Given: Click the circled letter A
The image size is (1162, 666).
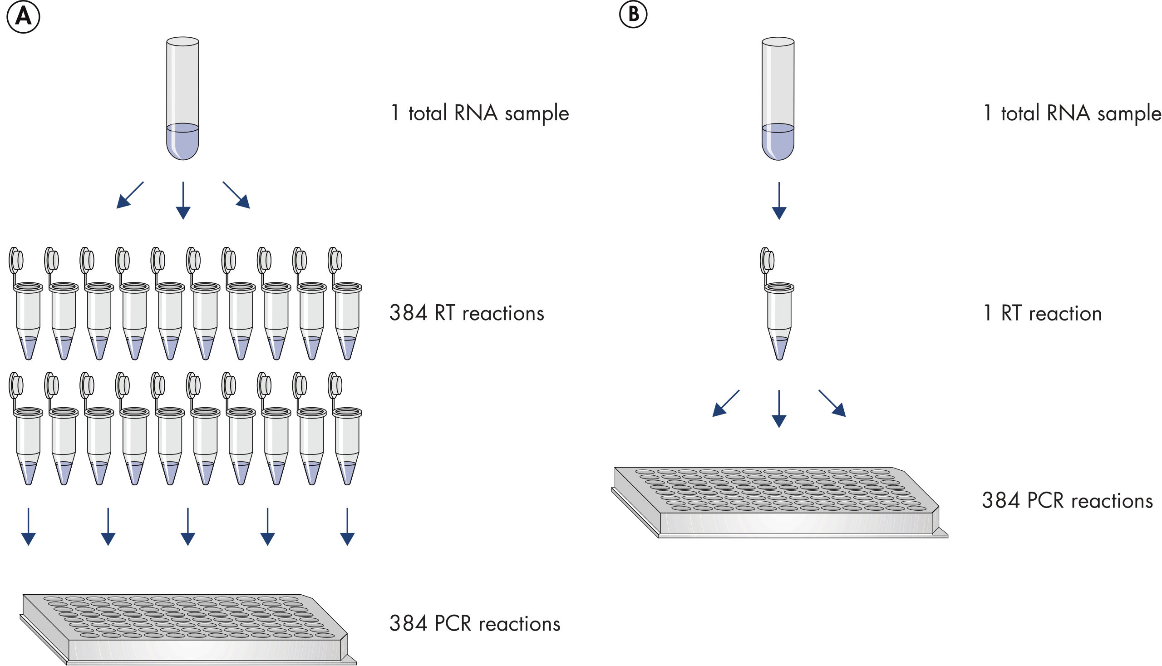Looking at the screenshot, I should click(x=23, y=17).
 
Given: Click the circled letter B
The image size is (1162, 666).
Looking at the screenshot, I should click(x=633, y=14).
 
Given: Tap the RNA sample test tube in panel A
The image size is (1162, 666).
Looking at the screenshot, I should click(x=182, y=99).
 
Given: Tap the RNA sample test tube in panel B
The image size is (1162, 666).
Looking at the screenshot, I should click(x=778, y=99).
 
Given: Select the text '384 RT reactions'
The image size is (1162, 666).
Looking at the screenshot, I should click(x=467, y=313).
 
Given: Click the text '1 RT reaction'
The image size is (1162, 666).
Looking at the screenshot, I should click(x=1042, y=313).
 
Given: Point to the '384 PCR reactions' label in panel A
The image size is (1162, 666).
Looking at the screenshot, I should click(x=475, y=624).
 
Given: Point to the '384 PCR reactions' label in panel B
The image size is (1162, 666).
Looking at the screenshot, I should click(x=1067, y=501).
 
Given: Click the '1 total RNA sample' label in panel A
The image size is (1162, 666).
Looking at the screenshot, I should click(x=479, y=113).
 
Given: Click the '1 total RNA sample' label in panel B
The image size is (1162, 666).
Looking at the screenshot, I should click(x=1072, y=113).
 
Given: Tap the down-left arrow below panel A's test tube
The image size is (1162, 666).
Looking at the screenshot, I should click(x=130, y=195).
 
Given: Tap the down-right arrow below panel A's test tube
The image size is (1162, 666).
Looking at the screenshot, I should click(x=236, y=195).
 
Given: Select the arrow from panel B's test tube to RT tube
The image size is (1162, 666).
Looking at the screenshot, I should click(x=779, y=201).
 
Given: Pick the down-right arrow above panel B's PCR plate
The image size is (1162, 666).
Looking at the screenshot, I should click(x=832, y=404).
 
